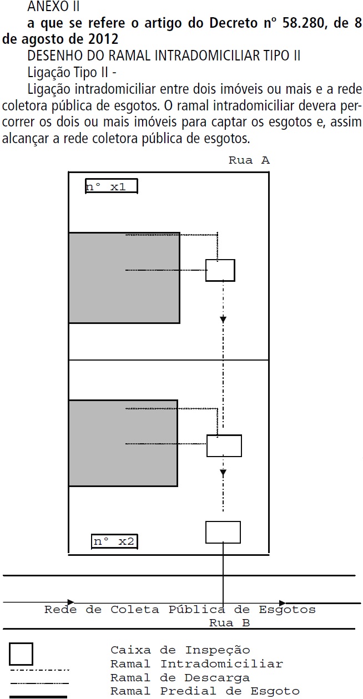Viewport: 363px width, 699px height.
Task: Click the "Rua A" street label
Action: click(249, 161)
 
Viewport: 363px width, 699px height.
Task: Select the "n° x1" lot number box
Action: click(111, 186)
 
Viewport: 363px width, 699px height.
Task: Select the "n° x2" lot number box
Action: click(114, 541)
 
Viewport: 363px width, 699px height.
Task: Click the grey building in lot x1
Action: click(124, 277)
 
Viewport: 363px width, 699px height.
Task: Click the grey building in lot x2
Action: click(123, 443)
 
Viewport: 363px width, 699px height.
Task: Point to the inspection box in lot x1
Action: click(220, 270)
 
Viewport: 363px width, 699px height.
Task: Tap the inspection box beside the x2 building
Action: click(224, 445)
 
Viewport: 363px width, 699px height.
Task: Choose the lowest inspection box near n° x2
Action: click(223, 532)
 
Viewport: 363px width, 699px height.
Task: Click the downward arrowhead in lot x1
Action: click(223, 320)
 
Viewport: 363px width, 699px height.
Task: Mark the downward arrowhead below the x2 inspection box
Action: click(223, 473)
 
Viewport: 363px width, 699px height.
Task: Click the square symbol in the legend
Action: click(21, 654)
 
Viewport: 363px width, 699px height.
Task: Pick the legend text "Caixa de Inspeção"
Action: click(180, 650)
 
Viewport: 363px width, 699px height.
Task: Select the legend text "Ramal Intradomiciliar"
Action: click(196, 664)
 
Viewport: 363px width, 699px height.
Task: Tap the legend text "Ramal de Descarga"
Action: click(180, 678)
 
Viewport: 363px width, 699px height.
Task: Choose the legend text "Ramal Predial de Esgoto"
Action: click(205, 692)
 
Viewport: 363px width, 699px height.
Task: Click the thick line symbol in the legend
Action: click(39, 696)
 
